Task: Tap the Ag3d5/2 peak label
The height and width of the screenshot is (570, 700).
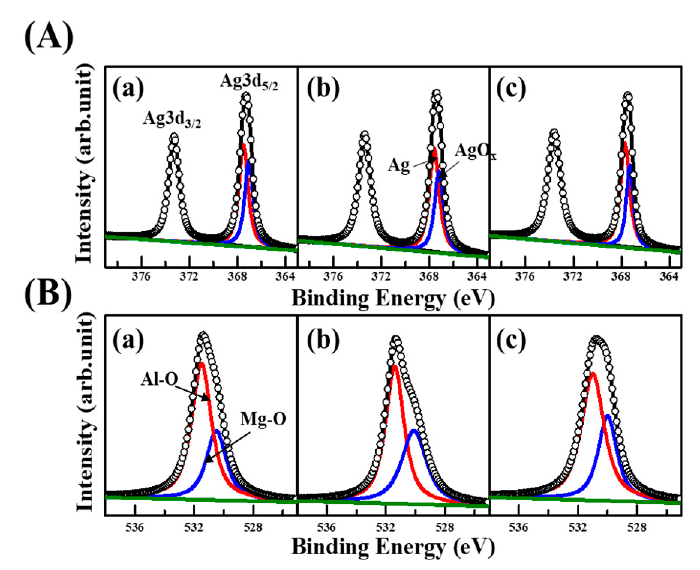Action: pyautogui.click(x=249, y=81)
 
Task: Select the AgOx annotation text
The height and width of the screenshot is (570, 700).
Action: pyautogui.click(x=475, y=152)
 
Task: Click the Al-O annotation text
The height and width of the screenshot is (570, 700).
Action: pyautogui.click(x=159, y=379)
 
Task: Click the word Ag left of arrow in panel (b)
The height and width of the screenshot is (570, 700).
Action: pyautogui.click(x=398, y=165)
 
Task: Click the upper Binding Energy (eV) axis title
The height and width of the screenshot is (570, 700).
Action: pyautogui.click(x=393, y=299)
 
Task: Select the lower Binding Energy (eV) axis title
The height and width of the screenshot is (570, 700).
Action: pyautogui.click(x=393, y=547)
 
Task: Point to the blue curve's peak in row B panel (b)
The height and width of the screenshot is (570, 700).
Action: pyautogui.click(x=414, y=431)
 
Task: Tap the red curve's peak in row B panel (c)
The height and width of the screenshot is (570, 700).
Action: pyautogui.click(x=593, y=374)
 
